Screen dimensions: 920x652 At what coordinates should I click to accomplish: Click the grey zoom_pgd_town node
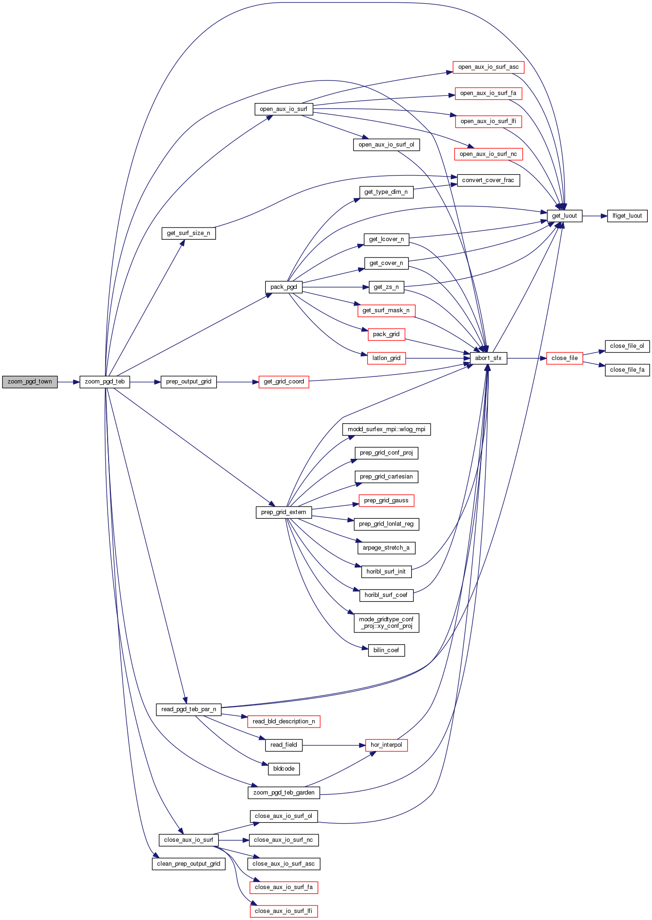click(x=29, y=382)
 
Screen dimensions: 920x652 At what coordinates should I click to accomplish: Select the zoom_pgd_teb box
click(x=104, y=382)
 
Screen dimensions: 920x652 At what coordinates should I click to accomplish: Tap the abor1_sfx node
click(x=488, y=358)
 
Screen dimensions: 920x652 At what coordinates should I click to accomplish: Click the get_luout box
click(x=564, y=216)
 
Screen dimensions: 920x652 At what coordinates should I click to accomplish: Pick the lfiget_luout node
click(x=627, y=216)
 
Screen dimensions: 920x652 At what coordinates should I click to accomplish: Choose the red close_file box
click(x=564, y=358)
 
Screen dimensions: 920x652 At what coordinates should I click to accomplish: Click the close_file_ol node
click(x=627, y=346)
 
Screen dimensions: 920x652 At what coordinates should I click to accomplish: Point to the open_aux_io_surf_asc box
click(x=488, y=67)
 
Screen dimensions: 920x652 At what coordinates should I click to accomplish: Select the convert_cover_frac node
click(x=488, y=180)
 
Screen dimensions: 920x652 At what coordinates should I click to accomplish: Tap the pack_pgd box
click(x=284, y=287)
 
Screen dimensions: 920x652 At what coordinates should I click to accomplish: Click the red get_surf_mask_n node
click(x=386, y=310)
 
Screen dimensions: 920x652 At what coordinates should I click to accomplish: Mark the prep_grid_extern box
click(x=284, y=512)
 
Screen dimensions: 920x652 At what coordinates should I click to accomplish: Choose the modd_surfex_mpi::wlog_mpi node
click(x=386, y=429)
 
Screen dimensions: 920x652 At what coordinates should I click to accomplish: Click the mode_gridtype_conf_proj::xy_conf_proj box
click(x=386, y=623)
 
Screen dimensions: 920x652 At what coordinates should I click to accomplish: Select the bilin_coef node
click(x=386, y=650)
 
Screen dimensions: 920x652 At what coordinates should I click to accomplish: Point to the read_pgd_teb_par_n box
click(x=189, y=709)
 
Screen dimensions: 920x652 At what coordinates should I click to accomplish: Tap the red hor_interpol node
click(x=386, y=745)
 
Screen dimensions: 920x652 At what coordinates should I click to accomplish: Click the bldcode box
click(x=284, y=769)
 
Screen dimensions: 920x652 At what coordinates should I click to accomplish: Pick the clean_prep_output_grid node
click(x=188, y=864)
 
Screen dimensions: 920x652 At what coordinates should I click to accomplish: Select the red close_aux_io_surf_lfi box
click(x=284, y=911)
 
